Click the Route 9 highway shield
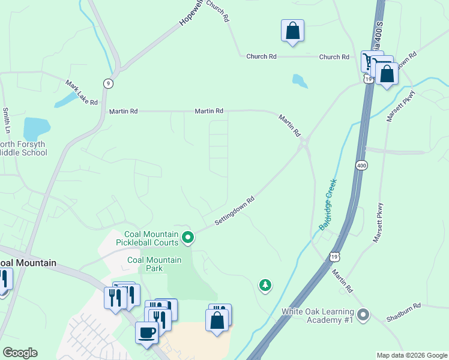pos(107,83)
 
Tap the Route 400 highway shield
pos(361,165)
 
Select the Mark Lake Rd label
pos(82,93)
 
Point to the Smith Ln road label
pos(6,121)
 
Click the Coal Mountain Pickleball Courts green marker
pos(188,238)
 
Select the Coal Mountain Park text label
pos(154,264)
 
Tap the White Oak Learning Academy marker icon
pos(363,315)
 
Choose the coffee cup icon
pos(146,332)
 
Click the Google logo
pos(20,353)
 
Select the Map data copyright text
pos(411,355)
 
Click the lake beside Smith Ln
pos(36,128)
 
